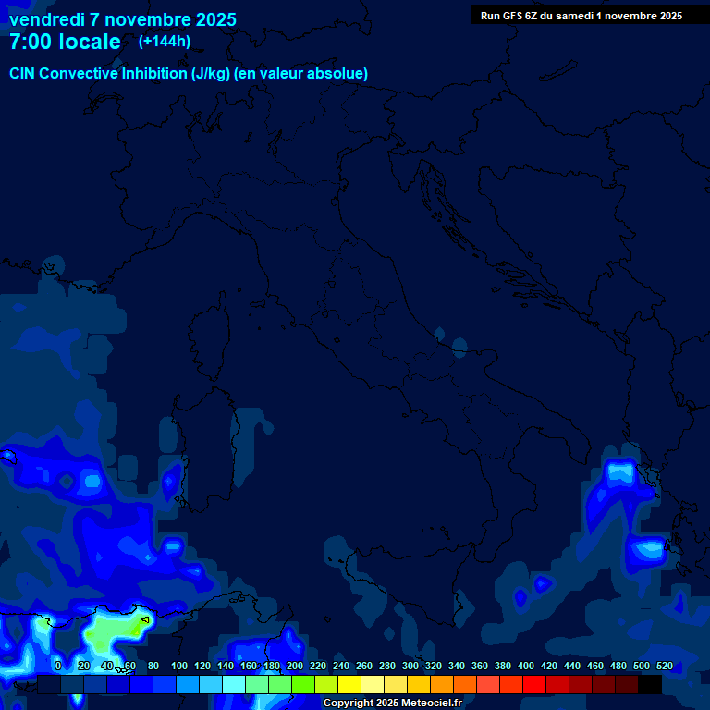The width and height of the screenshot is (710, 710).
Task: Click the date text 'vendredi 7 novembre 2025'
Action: (122, 19)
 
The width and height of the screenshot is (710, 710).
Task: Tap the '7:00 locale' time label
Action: (65, 42)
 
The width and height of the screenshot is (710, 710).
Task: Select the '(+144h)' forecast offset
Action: (165, 42)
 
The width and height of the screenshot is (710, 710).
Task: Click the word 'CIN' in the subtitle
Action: (23, 73)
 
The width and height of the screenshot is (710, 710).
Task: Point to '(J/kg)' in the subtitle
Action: (211, 73)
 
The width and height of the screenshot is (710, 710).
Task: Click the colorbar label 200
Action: (295, 666)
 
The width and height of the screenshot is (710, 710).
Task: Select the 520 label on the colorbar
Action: (664, 666)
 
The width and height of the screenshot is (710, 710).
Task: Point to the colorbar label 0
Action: (57, 666)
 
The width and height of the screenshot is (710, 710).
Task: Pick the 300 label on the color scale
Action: (410, 666)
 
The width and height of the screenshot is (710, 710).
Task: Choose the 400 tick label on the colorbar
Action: (526, 666)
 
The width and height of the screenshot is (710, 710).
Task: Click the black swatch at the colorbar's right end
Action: (650, 684)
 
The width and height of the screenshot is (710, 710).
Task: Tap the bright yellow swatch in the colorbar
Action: (349, 684)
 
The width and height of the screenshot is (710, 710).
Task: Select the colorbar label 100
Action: (179, 666)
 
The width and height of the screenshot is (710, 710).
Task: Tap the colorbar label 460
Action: (595, 666)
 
